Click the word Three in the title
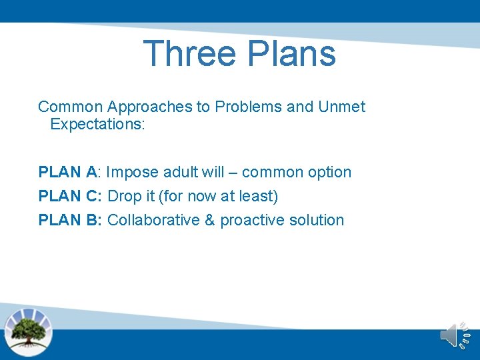(x=189, y=53)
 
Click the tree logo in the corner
(x=28, y=331)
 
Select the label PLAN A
(x=67, y=172)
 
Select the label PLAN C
(x=68, y=196)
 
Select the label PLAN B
(x=68, y=220)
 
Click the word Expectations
(x=97, y=125)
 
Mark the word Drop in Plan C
(x=123, y=196)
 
